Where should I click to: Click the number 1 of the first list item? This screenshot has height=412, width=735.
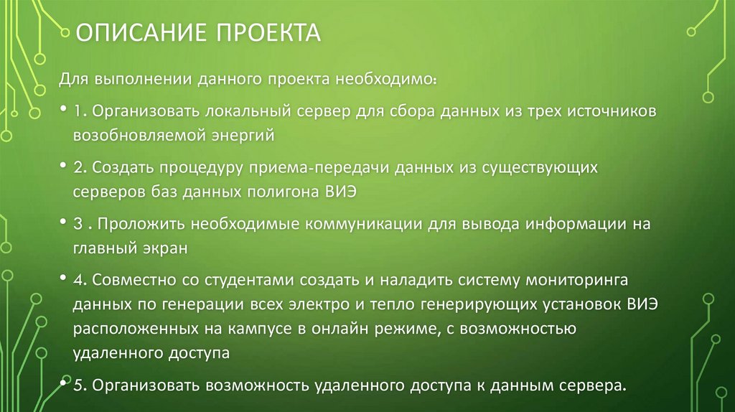[77, 113]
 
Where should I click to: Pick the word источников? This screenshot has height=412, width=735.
[610, 113]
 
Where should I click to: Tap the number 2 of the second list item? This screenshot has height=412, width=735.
[77, 167]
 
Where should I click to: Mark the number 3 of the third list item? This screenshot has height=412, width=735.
[77, 223]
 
